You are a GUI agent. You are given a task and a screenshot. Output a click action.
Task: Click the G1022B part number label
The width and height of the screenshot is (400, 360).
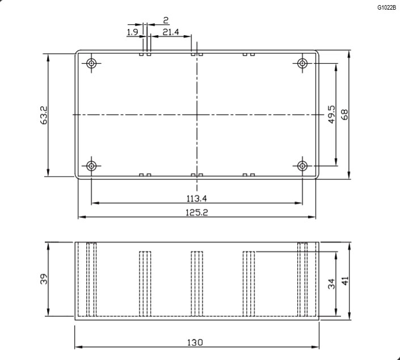pos(387,7)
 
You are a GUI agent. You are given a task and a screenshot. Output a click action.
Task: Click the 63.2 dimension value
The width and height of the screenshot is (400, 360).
pos(44,115)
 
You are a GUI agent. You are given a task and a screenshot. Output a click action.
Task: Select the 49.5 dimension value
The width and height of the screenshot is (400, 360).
pos(331,114)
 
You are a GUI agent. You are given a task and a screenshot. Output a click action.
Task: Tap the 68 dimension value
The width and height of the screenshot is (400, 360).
pos(344,115)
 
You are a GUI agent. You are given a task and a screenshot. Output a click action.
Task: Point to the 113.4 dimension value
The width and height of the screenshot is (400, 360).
pos(197,198)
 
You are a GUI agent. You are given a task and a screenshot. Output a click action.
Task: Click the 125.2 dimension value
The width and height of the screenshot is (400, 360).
pos(197,212)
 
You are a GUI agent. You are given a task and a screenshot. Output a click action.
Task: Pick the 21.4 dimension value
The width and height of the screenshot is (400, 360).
pos(171,32)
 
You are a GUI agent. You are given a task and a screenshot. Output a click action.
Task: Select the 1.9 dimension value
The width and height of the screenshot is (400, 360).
pos(132,32)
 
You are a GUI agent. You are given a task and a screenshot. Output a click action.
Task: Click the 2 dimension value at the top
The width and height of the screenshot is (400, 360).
pos(166,20)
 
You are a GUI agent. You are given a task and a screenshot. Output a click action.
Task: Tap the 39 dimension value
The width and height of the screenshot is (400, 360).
pos(44,279)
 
